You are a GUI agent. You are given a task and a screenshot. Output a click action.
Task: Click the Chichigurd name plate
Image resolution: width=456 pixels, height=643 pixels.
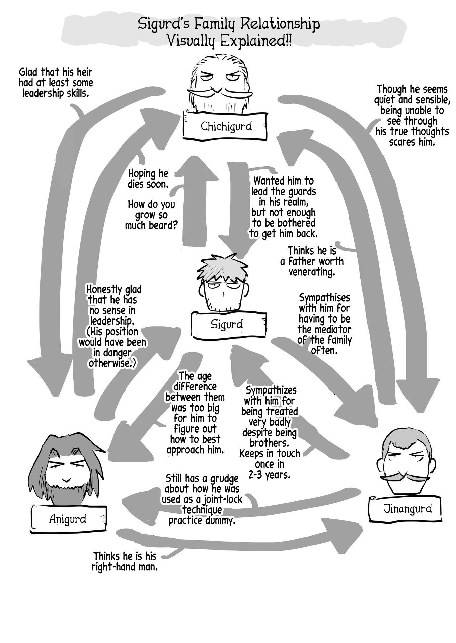point(226,126)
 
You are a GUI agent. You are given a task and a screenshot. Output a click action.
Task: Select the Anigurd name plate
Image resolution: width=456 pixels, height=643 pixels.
point(68,519)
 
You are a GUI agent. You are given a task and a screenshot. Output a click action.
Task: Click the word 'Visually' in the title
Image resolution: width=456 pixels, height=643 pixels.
point(192,42)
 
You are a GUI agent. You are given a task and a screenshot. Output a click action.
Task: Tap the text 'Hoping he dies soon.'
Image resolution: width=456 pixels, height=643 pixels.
point(148,178)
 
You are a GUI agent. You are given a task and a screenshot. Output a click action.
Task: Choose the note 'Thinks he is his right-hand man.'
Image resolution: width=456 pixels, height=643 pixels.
point(125,561)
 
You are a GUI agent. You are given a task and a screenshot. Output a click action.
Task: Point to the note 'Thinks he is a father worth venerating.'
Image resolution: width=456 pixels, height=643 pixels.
point(312,261)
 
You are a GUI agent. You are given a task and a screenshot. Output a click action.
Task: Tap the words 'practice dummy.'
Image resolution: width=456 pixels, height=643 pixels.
point(202,520)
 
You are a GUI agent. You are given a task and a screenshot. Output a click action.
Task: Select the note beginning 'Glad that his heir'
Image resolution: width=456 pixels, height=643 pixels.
point(56,82)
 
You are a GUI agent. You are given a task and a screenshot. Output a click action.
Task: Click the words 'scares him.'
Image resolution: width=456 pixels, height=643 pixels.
point(412,142)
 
